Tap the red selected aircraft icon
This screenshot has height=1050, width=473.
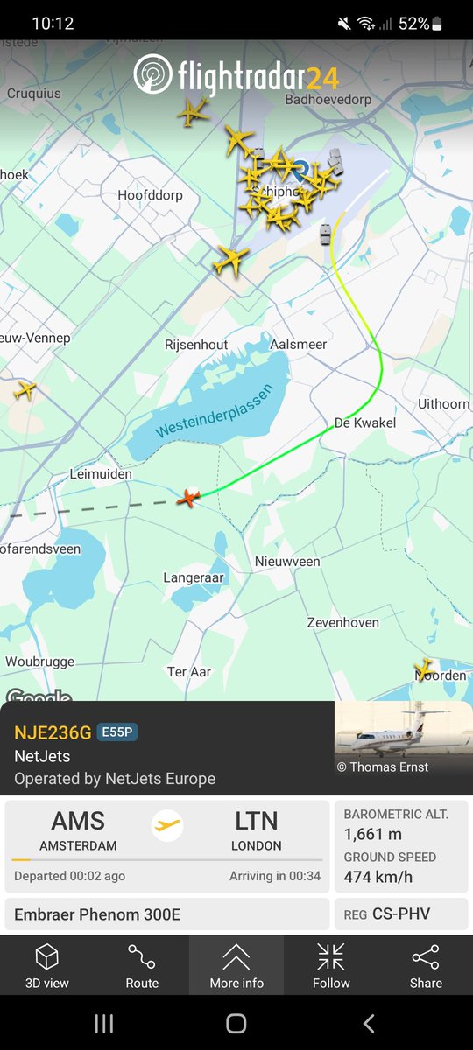188,498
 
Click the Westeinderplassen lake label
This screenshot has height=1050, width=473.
215,410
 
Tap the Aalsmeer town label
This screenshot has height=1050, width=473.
299,345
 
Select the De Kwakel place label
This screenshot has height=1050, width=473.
365,423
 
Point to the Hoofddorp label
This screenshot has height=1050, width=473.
150,195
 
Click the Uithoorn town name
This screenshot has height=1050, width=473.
443,404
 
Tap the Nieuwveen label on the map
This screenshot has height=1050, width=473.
287,561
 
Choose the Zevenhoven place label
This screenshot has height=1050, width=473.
342,622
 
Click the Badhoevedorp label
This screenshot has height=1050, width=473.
328,100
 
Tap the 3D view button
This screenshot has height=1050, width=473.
46,966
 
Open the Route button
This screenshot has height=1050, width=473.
142,966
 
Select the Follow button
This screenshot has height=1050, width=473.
331,966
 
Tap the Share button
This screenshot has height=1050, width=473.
426,966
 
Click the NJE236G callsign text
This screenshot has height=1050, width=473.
52,732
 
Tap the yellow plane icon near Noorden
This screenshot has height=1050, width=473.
425,668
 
